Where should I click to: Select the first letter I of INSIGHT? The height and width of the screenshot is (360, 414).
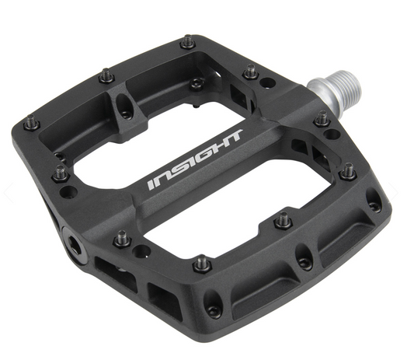[x=153, y=183]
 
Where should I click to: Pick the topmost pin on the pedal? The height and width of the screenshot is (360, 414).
[x=187, y=41]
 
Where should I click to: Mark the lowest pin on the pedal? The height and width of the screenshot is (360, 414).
[x=202, y=264]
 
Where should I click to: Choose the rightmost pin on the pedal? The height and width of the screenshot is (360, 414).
[x=347, y=170]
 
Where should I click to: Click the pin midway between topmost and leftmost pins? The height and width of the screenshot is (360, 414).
[x=106, y=76]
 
